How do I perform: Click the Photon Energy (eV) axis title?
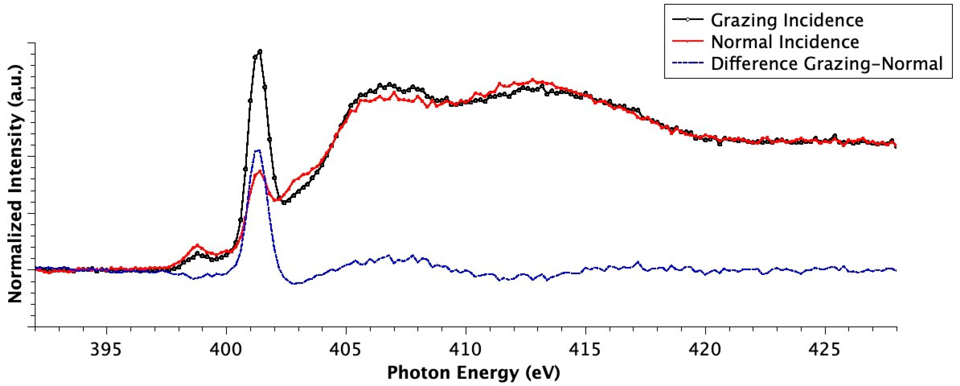pyautogui.click(x=473, y=373)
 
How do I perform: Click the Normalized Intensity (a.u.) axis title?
pyautogui.click(x=15, y=184)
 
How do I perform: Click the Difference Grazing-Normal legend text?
pyautogui.click(x=827, y=64)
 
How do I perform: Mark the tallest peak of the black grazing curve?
pyautogui.click(x=259, y=51)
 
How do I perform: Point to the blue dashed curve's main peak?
pyautogui.click(x=257, y=150)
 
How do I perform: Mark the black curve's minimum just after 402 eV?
pyautogui.click(x=284, y=203)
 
